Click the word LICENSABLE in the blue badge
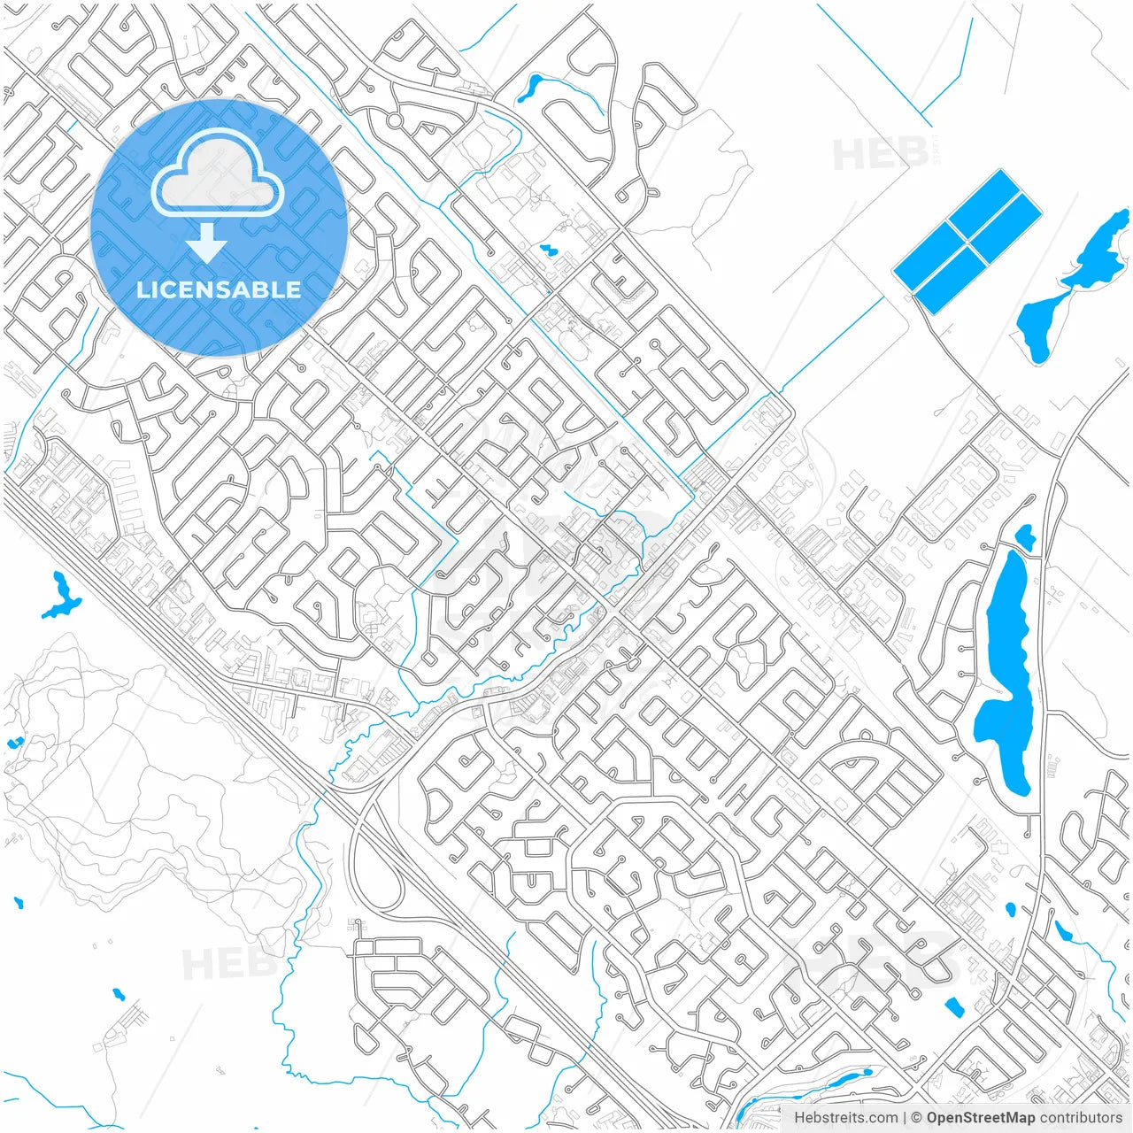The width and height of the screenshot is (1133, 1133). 219,289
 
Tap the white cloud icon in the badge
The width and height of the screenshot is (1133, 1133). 218,173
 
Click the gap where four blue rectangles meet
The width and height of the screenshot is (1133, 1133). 967,241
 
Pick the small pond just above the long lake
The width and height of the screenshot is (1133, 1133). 1025,536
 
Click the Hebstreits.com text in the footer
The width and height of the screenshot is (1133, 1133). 845,1118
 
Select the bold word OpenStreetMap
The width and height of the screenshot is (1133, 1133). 980,1118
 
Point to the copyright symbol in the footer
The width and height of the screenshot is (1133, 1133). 917,1118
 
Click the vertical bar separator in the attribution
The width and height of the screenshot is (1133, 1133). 905,1118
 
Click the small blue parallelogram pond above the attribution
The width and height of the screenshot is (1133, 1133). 953,1006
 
